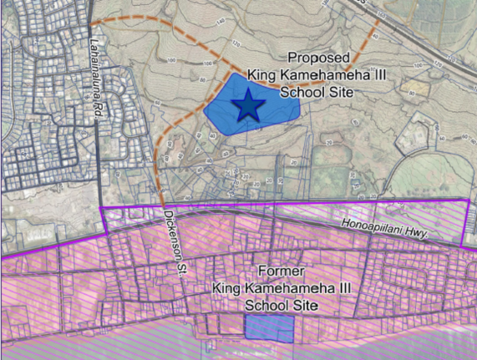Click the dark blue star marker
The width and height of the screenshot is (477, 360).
248,106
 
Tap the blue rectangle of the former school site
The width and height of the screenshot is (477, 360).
269,328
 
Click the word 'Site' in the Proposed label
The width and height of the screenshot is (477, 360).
352,92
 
